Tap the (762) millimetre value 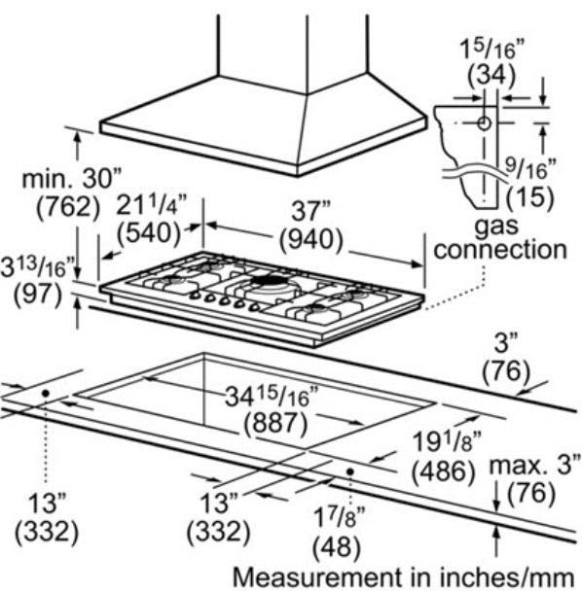tap(68, 207)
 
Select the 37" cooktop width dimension tap(310, 211)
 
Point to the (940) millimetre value tap(311, 240)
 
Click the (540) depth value tap(149, 233)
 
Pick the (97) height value tap(38, 295)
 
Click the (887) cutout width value tap(275, 423)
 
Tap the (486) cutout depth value tap(443, 471)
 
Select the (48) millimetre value tap(336, 547)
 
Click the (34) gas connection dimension tap(491, 75)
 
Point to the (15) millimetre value tap(530, 197)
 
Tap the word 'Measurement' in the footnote tap(316, 577)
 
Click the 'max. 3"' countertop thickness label tap(534, 464)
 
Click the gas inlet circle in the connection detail tap(484, 123)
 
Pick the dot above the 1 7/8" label tap(350, 471)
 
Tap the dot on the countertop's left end tap(46, 394)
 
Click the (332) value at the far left tap(47, 532)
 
